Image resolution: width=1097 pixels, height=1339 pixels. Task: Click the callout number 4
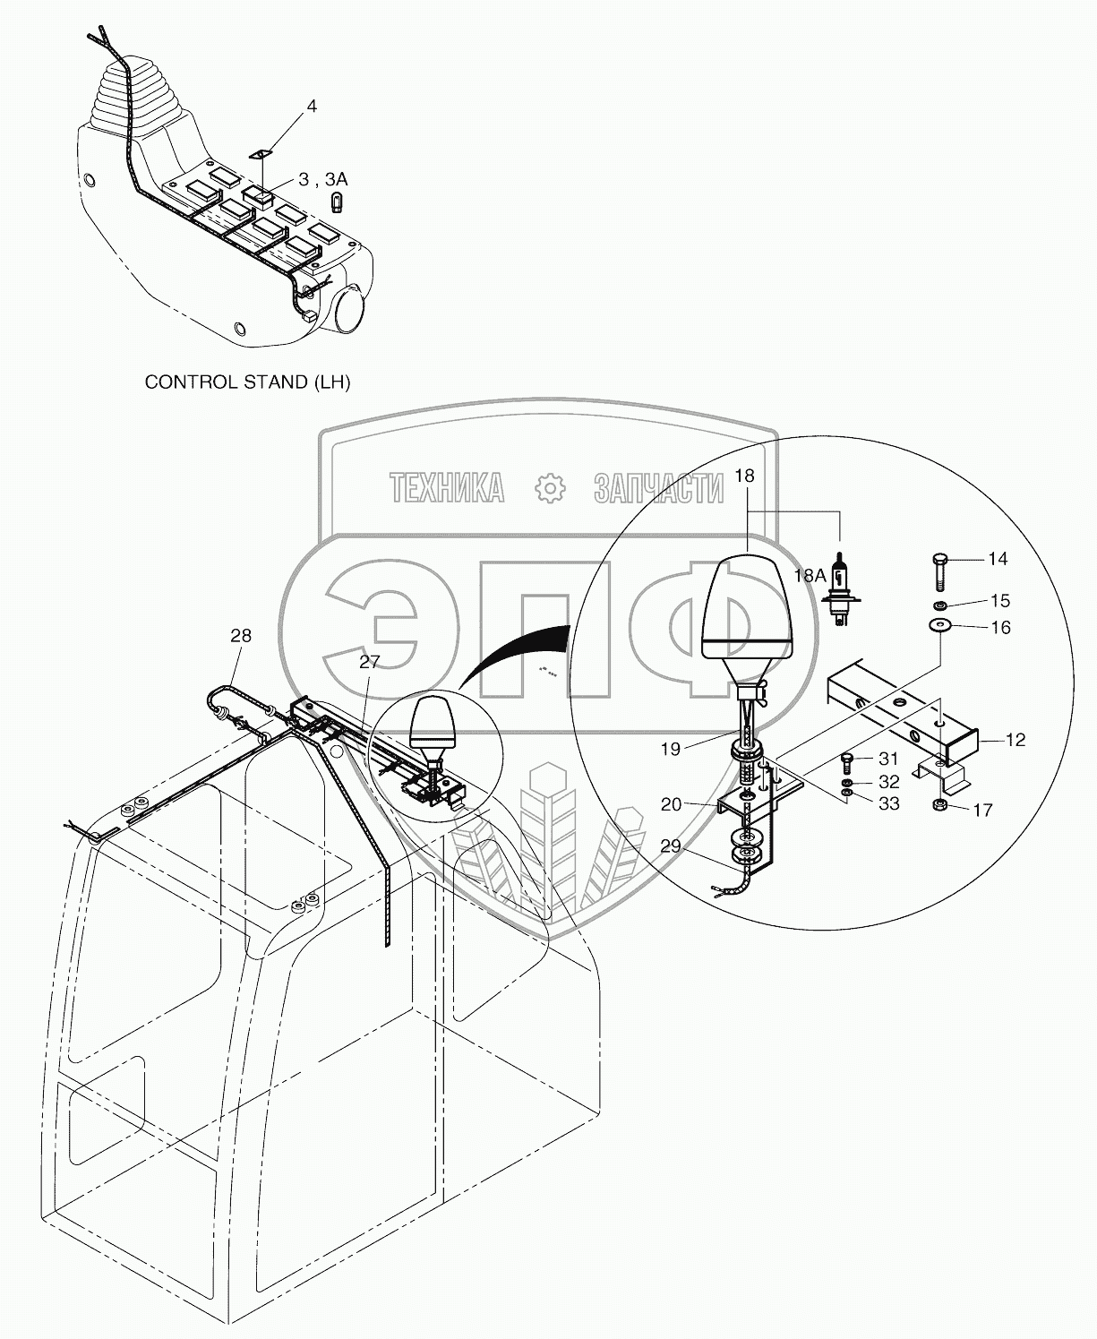tap(312, 107)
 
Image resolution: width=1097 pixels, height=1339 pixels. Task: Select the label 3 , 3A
tap(322, 180)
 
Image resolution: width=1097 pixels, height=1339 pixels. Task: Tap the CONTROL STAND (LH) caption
tap(247, 382)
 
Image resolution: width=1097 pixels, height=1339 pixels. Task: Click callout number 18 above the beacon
tap(745, 476)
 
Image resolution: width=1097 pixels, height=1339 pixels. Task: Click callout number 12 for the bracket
tap(1016, 741)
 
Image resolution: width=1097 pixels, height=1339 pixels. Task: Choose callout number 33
tap(888, 804)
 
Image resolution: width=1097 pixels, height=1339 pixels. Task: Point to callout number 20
tap(671, 804)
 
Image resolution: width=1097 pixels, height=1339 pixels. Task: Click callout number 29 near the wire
tap(670, 845)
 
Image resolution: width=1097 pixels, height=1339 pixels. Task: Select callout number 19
tap(671, 749)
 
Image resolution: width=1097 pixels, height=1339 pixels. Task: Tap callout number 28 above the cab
tap(241, 636)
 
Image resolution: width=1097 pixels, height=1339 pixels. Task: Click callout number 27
tap(370, 662)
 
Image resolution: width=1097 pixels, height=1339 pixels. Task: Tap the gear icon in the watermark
tap(550, 488)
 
